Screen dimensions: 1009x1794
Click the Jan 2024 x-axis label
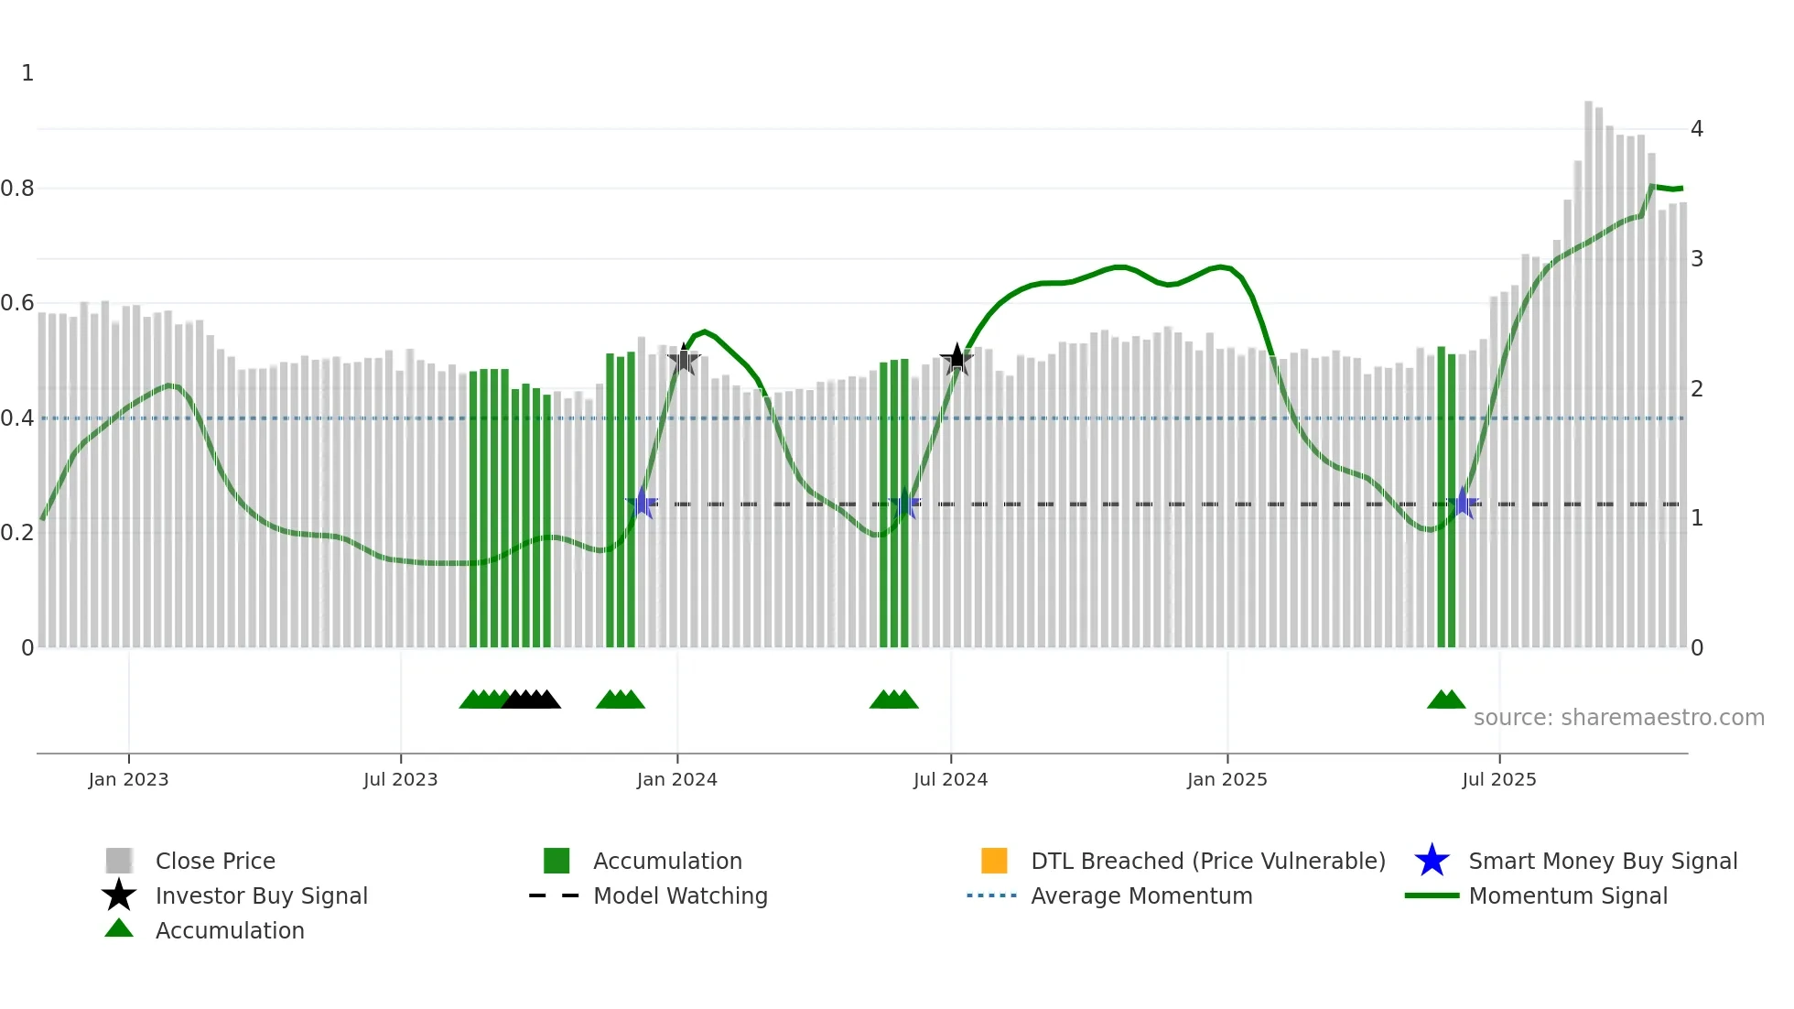676,779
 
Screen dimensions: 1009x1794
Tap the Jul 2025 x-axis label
1498,779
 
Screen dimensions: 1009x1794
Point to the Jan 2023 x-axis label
128,779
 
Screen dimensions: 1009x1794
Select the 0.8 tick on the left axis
17,189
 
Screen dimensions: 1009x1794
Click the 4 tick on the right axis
1696,129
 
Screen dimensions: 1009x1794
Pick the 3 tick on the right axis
1696,259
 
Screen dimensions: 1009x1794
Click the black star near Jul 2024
956,359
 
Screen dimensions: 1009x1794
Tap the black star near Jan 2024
683,360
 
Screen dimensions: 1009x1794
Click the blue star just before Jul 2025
1463,504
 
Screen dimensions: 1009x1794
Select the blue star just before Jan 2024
643,504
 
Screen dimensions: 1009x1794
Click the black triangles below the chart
532,700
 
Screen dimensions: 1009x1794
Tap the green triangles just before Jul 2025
1445,700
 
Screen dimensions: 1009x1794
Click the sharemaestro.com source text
1618,718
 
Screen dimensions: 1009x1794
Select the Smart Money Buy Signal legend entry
1602,861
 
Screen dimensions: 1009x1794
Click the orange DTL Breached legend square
993,861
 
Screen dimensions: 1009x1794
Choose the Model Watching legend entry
679,895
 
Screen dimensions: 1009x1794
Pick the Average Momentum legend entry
1140,895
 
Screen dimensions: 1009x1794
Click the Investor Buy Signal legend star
119,895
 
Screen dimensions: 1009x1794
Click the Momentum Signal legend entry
1567,895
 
